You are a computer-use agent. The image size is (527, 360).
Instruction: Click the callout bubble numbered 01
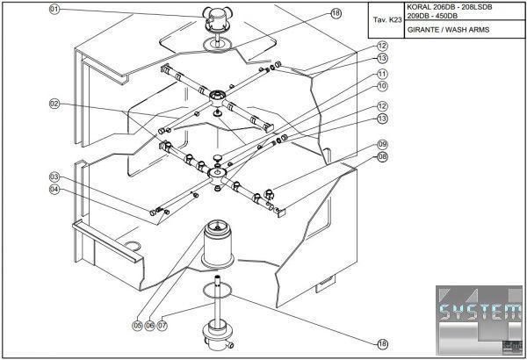[54, 10]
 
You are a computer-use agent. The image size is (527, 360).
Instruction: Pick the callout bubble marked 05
[137, 326]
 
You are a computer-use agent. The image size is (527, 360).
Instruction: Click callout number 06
[149, 326]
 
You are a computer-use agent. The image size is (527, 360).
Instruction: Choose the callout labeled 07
[162, 326]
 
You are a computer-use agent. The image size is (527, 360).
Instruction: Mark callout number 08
[382, 156]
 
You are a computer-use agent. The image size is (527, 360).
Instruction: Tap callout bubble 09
[382, 144]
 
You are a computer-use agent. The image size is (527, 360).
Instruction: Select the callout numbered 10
[382, 87]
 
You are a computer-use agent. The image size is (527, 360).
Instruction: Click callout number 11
[382, 74]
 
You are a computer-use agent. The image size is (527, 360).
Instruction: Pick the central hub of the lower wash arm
[216, 175]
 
